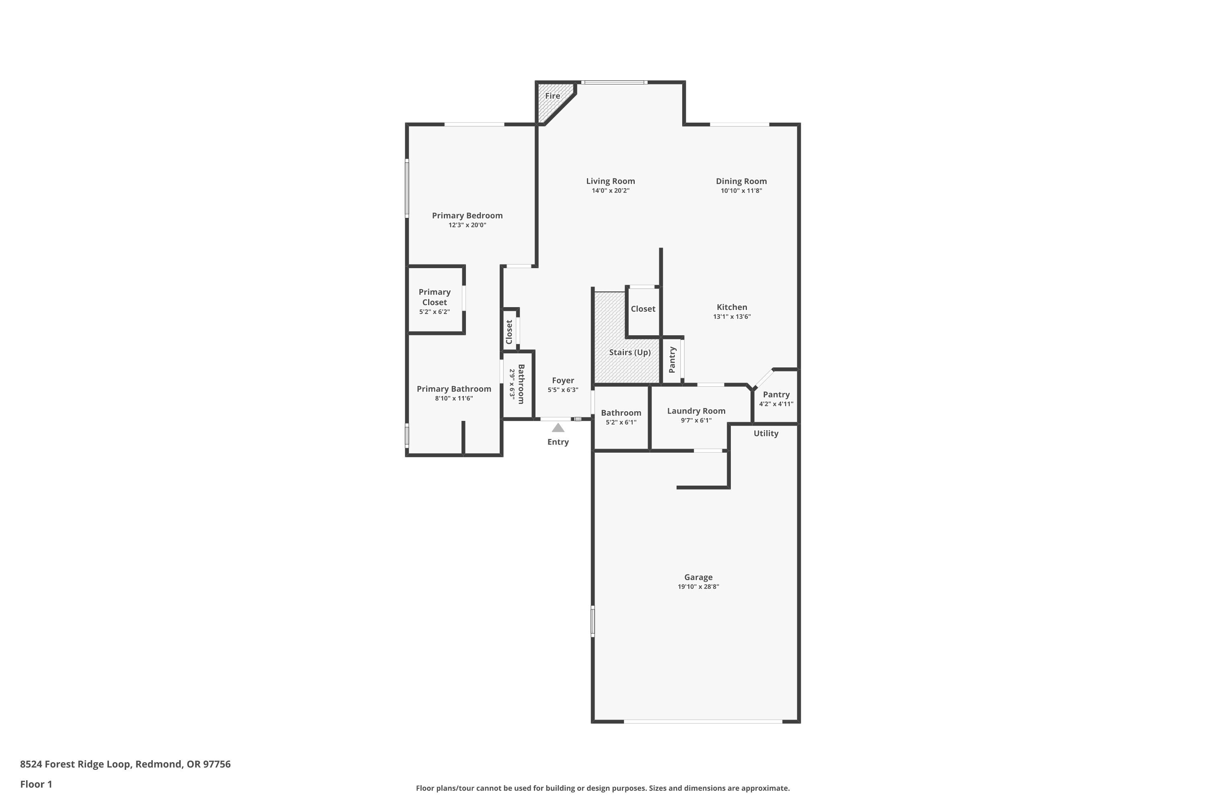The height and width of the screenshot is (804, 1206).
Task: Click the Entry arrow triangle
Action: click(558, 428)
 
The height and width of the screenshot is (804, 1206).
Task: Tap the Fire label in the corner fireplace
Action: click(552, 96)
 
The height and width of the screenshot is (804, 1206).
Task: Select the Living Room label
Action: click(610, 181)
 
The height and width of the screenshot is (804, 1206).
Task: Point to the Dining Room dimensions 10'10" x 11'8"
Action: click(741, 191)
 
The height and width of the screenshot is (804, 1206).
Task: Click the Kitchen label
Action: click(732, 307)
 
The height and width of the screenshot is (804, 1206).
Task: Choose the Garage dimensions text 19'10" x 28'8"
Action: click(698, 587)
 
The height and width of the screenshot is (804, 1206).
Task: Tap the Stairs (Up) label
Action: click(630, 352)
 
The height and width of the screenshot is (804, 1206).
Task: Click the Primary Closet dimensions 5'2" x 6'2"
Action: click(434, 312)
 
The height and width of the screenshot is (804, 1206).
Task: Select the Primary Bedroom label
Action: click(467, 215)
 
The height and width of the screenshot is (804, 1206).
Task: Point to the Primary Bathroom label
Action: click(454, 389)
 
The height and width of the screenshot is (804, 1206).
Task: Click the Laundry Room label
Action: click(696, 411)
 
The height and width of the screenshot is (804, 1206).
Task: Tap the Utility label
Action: click(765, 433)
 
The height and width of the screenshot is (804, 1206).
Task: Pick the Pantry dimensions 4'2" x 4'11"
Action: click(776, 404)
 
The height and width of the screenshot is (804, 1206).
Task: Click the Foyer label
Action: click(563, 380)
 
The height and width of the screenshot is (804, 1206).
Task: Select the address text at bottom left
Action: click(125, 764)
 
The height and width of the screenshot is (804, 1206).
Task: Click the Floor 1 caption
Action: click(36, 784)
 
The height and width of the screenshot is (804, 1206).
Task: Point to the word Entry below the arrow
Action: click(558, 442)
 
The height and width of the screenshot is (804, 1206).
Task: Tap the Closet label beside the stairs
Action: click(643, 309)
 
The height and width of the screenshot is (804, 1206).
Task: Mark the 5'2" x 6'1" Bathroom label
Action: click(621, 413)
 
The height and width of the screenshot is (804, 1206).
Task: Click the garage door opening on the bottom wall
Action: click(703, 722)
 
